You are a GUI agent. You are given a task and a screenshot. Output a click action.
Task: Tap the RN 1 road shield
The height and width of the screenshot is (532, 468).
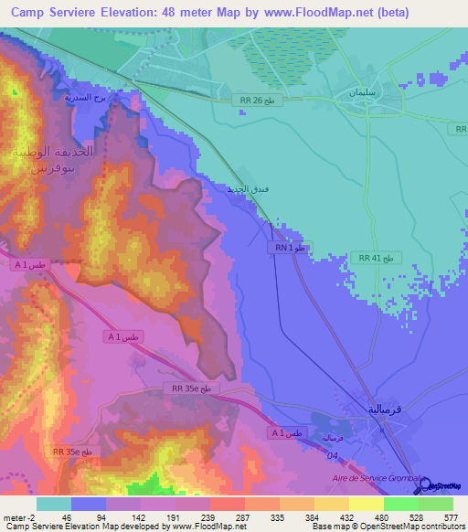(x=292, y=248)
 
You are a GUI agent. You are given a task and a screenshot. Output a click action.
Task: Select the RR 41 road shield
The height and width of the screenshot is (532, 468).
(x=376, y=259)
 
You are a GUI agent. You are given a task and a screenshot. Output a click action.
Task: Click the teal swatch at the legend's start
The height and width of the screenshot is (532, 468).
(x=53, y=504)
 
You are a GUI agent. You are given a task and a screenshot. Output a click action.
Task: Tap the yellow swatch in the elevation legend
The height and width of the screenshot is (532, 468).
(x=366, y=504)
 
